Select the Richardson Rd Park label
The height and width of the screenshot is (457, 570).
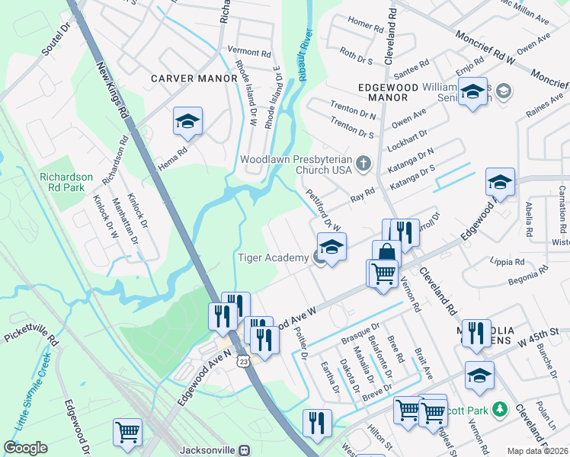[x=66, y=182]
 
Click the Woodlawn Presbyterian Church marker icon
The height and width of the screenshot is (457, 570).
[x=363, y=161]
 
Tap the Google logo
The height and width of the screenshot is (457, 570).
[x=25, y=448]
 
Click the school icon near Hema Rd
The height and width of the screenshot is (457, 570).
[x=187, y=121]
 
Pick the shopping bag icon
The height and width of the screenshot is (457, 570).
[x=386, y=254]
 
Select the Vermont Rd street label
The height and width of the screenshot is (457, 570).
[x=249, y=53]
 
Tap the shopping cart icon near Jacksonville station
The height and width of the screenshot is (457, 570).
[x=127, y=432]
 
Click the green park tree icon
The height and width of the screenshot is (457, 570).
[x=500, y=409]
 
